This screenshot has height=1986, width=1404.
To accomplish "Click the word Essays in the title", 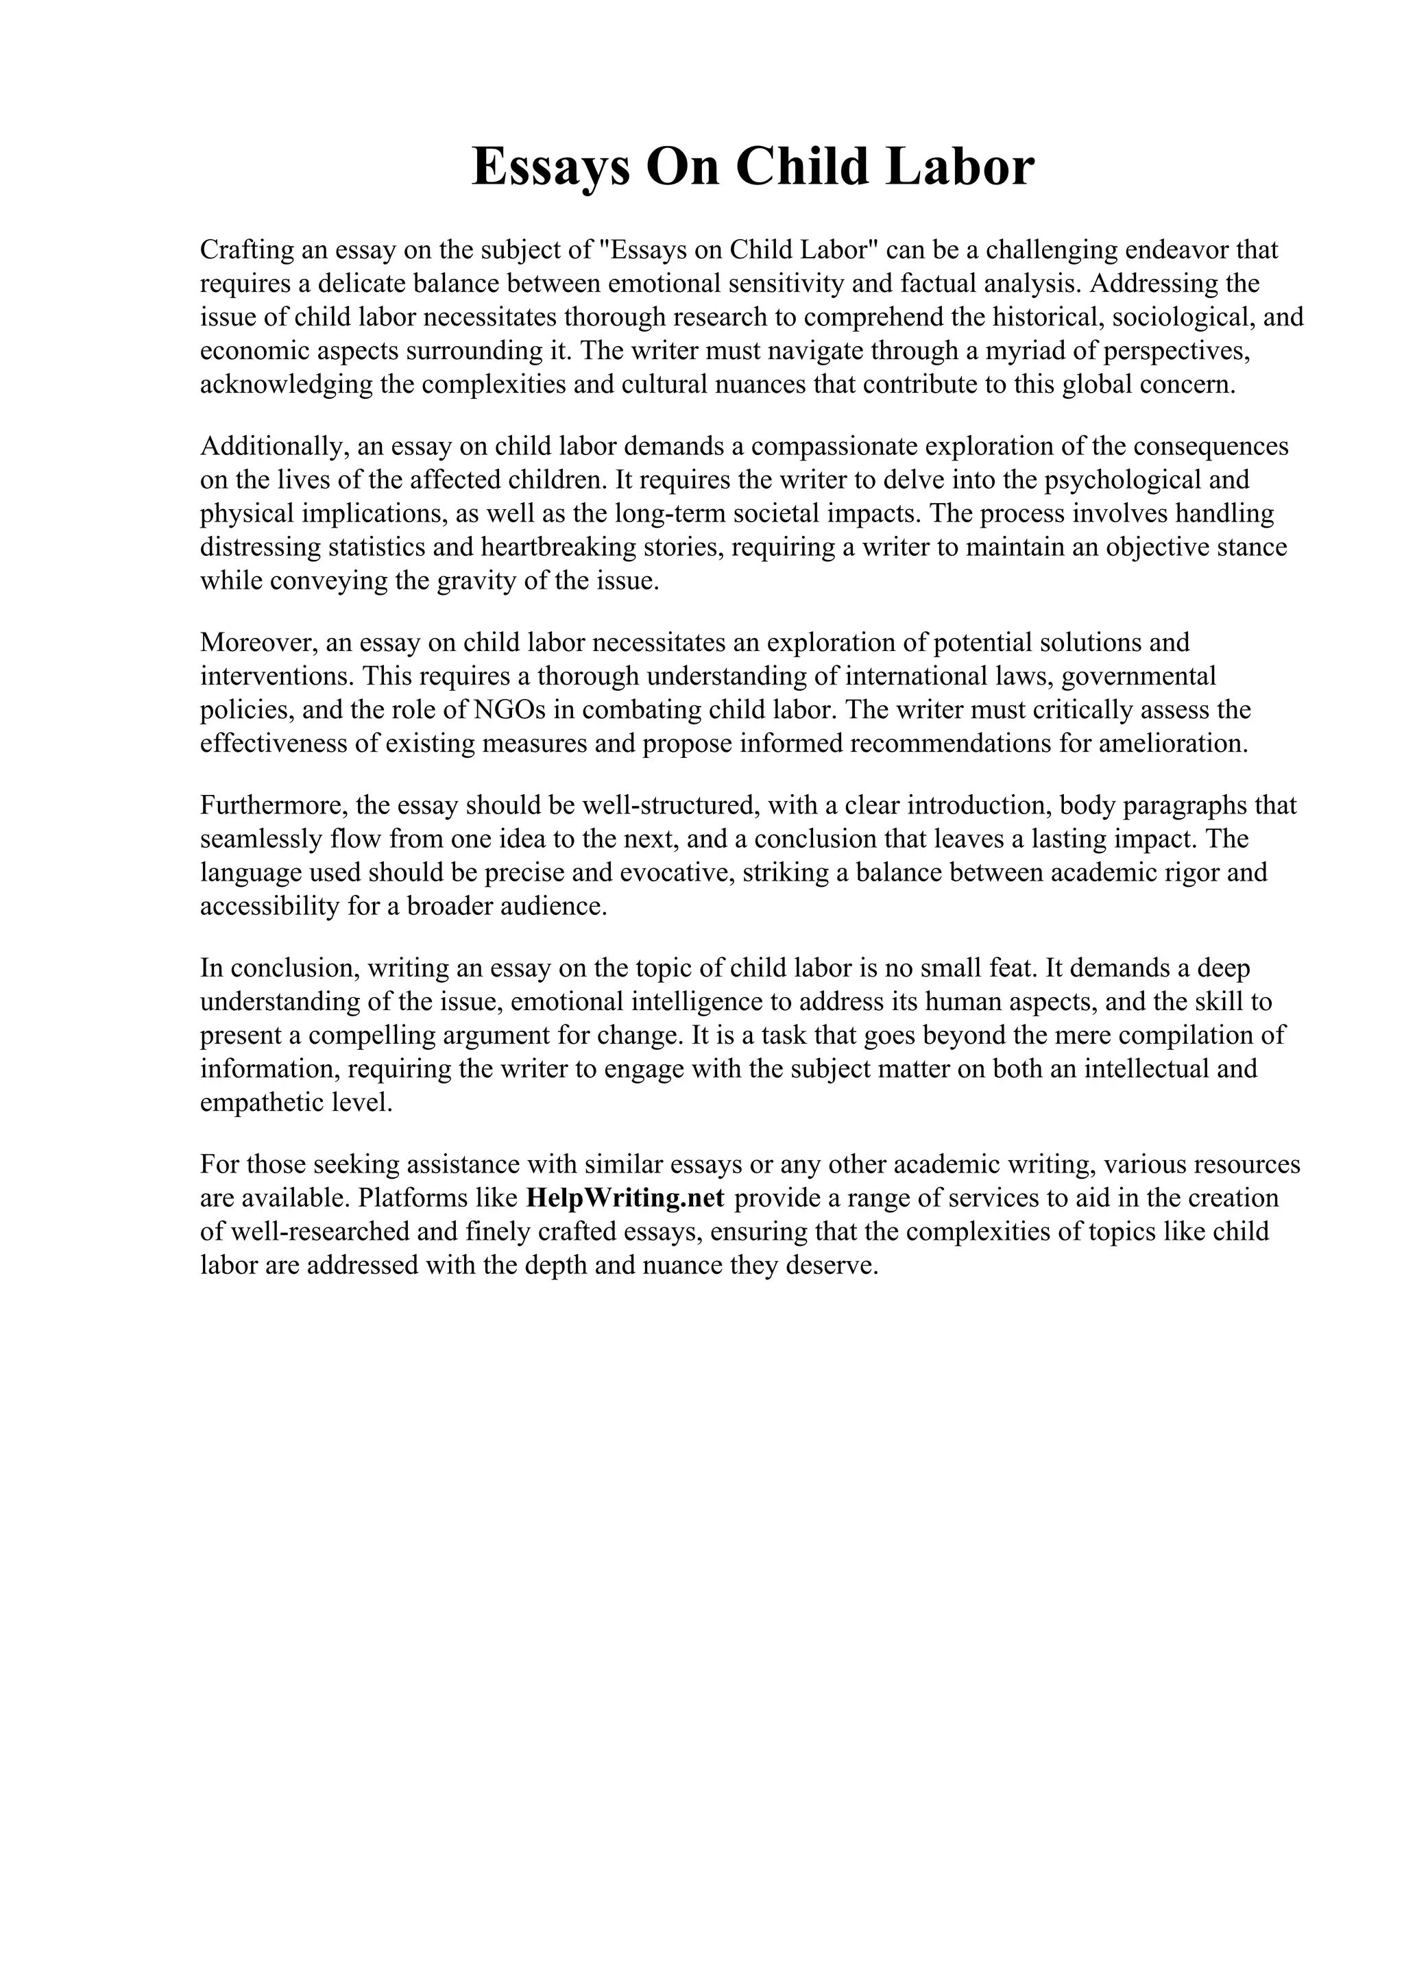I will coord(550,168).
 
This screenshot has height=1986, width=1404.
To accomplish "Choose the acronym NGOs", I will coord(510,710).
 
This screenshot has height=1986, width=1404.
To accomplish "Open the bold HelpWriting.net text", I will coord(625,1199).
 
